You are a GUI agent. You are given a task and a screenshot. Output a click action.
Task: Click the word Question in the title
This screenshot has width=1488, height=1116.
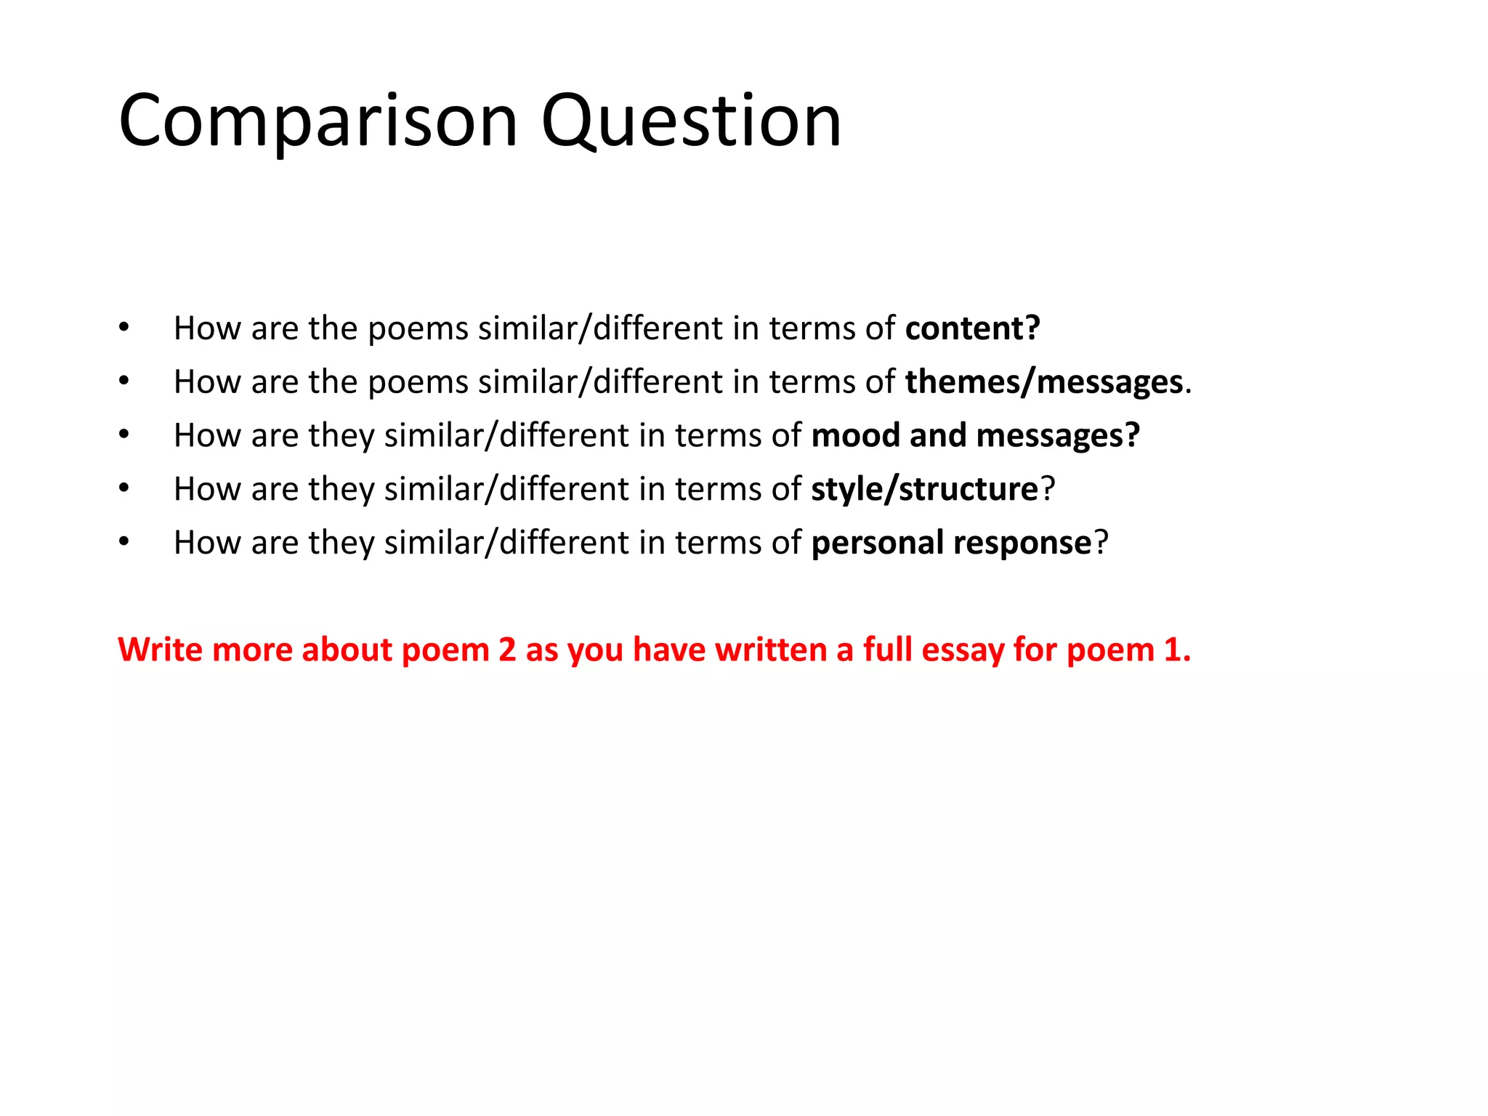pos(691,121)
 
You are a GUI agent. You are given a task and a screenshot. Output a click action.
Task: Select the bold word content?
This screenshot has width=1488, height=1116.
pos(972,328)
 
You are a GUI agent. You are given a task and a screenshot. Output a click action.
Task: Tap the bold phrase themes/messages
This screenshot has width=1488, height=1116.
pos(1043,382)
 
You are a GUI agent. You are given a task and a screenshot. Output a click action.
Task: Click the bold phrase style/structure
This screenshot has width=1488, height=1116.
pos(924,489)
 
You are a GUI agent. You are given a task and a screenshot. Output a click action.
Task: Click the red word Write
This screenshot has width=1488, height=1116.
pos(160,649)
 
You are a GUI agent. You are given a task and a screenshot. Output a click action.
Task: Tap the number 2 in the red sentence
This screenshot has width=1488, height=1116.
pos(507,649)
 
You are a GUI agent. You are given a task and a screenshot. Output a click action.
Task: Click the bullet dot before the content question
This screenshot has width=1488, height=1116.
pos(124,328)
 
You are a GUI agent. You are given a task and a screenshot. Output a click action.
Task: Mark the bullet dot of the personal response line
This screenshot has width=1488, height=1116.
pos(124,543)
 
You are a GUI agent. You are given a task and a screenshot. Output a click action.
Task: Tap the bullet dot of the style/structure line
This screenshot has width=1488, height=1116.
pos(124,489)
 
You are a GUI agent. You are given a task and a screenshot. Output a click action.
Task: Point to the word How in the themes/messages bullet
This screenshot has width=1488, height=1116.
pos(207,382)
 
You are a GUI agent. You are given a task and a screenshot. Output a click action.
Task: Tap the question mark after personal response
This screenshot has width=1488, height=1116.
pos(1101,543)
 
